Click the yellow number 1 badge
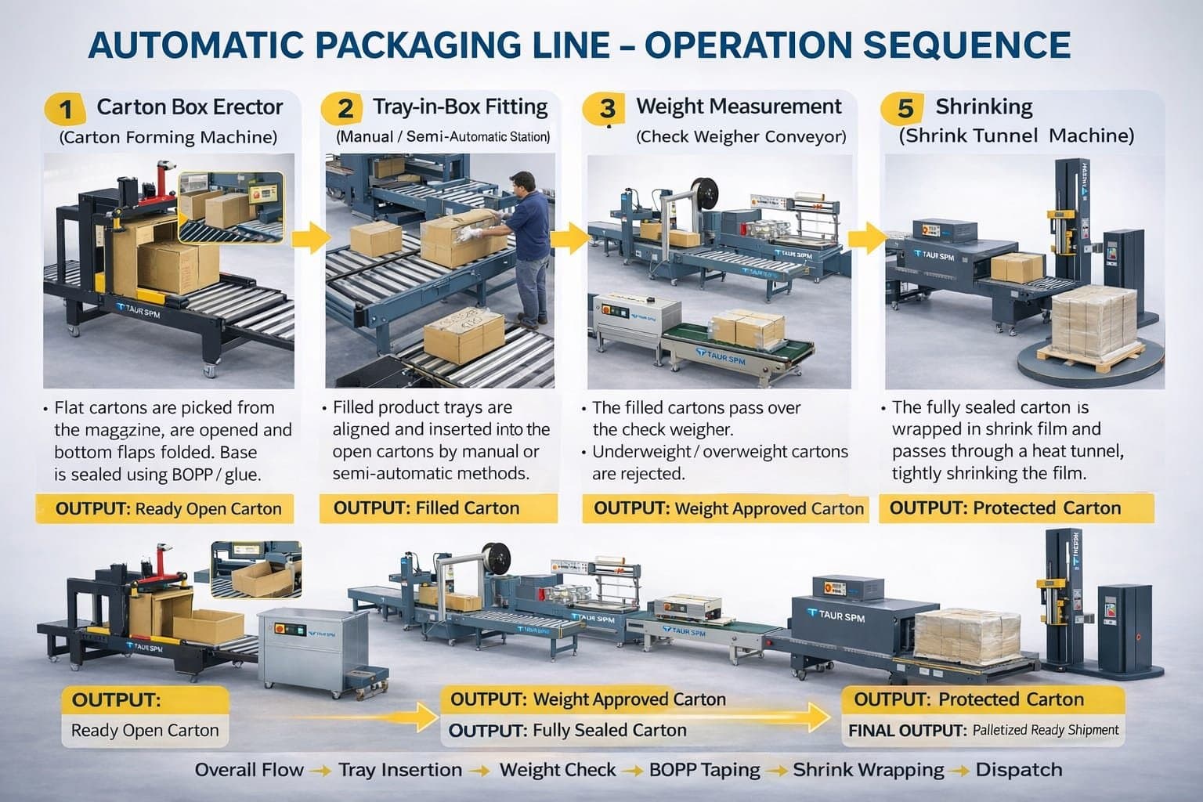point(65,108)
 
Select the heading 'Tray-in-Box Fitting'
point(460,107)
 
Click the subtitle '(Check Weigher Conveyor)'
point(741,137)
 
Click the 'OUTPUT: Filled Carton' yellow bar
point(438,508)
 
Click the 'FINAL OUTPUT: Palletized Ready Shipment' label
point(984,731)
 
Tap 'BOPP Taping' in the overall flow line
point(704,770)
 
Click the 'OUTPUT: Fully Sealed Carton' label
point(568,731)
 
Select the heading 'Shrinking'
point(984,107)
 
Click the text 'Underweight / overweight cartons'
point(720,452)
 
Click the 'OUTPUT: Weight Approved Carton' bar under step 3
point(726,509)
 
